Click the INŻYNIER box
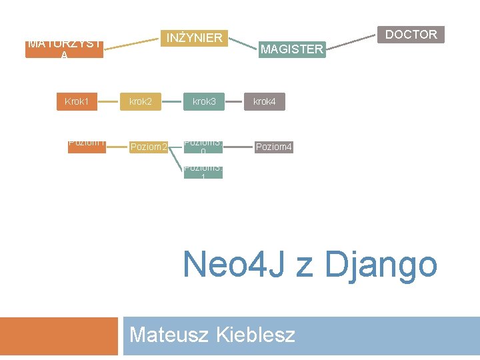[x=194, y=37]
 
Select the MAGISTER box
[x=291, y=49]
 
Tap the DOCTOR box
[x=411, y=34]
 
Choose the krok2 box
[x=141, y=102]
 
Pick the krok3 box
[x=204, y=102]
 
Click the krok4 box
[x=265, y=102]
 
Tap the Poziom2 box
[x=148, y=147]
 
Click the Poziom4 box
[x=273, y=147]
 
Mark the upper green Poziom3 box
[x=203, y=147]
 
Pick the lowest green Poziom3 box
[x=203, y=172]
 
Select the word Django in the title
[x=381, y=265]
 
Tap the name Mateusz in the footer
[x=170, y=334]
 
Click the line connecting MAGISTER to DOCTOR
[x=352, y=42]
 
